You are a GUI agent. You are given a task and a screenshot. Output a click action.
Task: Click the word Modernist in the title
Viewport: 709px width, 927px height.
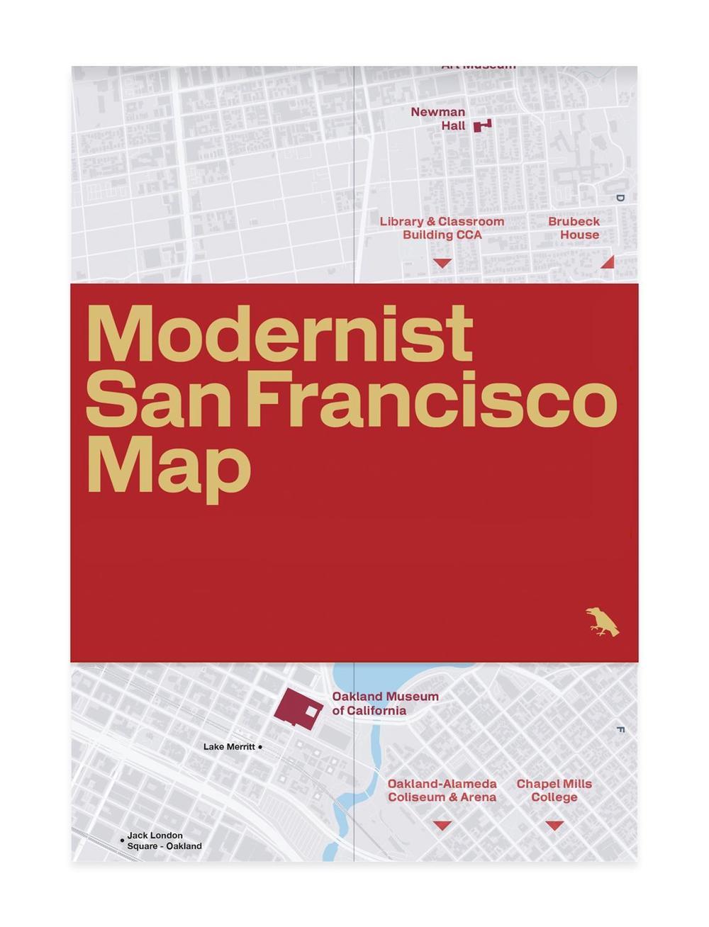click(x=279, y=335)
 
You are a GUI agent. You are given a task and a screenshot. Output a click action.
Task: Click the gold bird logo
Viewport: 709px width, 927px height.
click(x=602, y=622)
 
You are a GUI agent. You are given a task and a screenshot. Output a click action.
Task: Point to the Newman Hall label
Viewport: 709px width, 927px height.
click(x=438, y=119)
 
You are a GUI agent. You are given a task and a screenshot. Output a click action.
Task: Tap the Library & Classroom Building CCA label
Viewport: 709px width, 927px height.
click(x=442, y=228)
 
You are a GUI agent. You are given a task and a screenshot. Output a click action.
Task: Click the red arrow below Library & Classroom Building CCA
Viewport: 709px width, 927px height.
click(x=442, y=263)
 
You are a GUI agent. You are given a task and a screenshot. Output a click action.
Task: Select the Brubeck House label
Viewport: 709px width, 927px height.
click(x=574, y=228)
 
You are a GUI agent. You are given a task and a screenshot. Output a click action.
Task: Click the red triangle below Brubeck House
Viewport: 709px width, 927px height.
click(x=608, y=263)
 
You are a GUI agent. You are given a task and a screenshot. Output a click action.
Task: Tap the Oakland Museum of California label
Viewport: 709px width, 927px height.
click(x=385, y=704)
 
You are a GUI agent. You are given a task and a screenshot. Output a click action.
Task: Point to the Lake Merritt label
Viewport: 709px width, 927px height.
click(x=228, y=747)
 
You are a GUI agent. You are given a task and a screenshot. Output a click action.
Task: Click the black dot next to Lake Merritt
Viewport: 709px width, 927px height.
click(x=260, y=747)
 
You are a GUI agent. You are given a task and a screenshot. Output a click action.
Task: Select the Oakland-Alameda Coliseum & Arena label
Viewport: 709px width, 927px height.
click(x=442, y=791)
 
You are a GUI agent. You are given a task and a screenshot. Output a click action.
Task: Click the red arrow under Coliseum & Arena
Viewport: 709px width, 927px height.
click(x=442, y=826)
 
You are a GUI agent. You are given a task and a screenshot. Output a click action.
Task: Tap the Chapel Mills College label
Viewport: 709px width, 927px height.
click(x=554, y=791)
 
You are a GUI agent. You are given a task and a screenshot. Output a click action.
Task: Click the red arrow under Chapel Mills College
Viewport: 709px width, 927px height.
click(x=554, y=826)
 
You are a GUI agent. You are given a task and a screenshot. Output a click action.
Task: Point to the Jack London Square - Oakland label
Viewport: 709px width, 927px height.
click(x=164, y=841)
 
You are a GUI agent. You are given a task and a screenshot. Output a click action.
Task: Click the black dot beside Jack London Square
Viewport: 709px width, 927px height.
click(x=123, y=841)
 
